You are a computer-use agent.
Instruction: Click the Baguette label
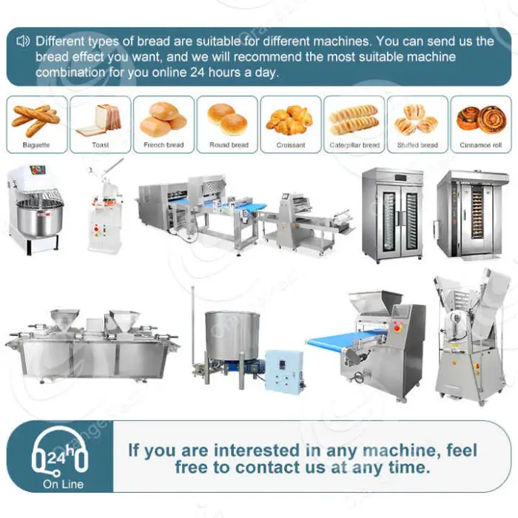click(x=36, y=145)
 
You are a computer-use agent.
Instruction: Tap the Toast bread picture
click(x=99, y=121)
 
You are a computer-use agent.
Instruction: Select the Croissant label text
click(x=291, y=145)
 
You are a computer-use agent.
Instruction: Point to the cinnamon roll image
click(x=481, y=119)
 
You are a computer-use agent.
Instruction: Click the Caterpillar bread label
click(x=354, y=145)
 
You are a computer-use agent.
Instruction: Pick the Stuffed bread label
click(x=417, y=145)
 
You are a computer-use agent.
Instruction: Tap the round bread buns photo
click(x=227, y=119)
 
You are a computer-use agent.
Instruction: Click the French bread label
click(x=164, y=145)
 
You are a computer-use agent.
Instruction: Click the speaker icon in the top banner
click(x=23, y=41)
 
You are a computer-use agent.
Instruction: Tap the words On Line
click(x=63, y=484)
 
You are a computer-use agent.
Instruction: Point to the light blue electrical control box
click(x=284, y=371)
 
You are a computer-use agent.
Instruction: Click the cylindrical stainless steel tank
click(x=232, y=335)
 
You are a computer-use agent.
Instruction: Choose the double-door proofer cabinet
click(x=393, y=215)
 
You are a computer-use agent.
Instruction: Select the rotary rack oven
click(x=472, y=215)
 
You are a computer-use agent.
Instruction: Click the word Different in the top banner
click(x=60, y=41)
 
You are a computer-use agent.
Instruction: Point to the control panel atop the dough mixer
click(x=37, y=169)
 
